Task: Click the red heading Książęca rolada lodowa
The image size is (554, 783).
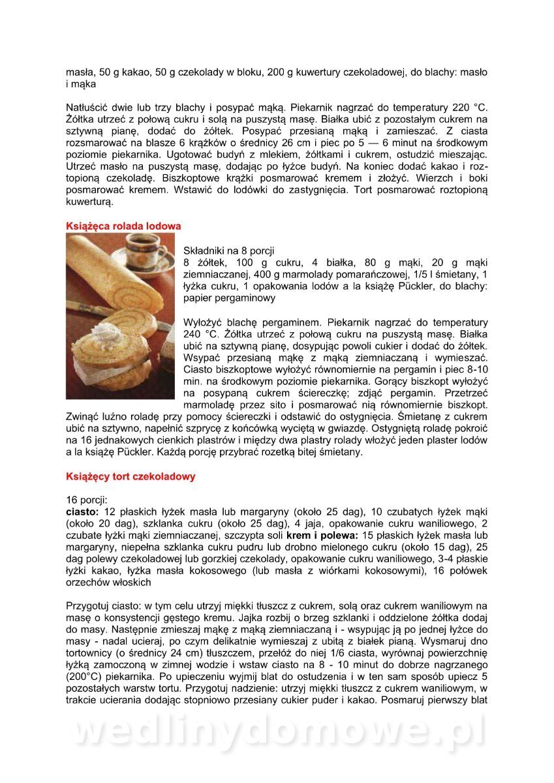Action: pos(123,226)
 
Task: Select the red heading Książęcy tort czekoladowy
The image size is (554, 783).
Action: pos(131,476)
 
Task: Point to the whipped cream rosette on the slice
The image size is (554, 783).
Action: pos(105,333)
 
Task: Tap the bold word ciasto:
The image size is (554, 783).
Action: pos(82,510)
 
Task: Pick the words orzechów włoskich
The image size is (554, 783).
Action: pos(108,582)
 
